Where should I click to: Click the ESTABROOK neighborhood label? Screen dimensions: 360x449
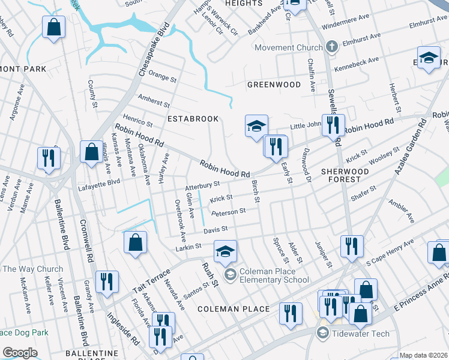[x=193, y=119]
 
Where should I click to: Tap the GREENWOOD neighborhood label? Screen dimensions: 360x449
[x=274, y=85]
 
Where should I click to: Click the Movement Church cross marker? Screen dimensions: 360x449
[x=332, y=47]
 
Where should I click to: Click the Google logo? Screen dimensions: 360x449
[x=20, y=353]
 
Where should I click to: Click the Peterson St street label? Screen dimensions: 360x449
[x=229, y=211]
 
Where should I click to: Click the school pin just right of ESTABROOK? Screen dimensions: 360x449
[x=256, y=126]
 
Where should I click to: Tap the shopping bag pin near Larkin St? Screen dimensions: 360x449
[x=136, y=243]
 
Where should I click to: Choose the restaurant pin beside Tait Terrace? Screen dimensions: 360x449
[x=107, y=282]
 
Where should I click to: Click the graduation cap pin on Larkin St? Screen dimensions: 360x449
[x=225, y=251]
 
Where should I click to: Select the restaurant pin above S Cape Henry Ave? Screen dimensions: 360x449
[x=352, y=246]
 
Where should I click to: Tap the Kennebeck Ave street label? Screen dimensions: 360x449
[x=357, y=61]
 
